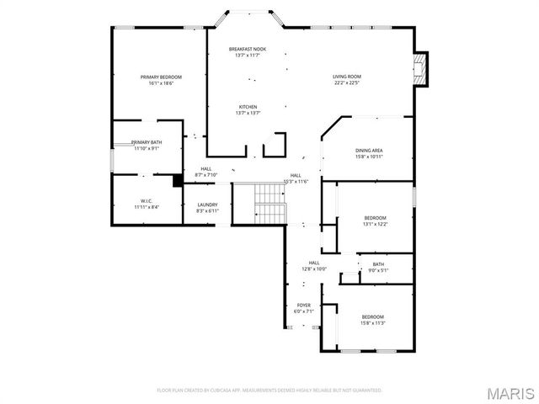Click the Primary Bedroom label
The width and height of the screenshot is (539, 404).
[x=161, y=77]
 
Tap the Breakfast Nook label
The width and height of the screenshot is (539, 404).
[x=248, y=50]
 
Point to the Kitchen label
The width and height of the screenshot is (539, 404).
[x=248, y=107]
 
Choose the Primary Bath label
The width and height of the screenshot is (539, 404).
[x=147, y=143]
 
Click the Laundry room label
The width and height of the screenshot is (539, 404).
[x=207, y=205]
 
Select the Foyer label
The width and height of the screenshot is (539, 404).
[x=304, y=305]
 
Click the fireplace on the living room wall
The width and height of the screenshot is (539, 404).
[x=421, y=69]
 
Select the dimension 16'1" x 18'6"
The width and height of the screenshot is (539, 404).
[x=161, y=82]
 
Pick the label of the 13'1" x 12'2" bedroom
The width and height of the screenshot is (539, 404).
[x=375, y=218]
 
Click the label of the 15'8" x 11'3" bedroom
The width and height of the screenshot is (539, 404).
[x=372, y=316]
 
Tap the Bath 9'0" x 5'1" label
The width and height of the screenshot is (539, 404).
[x=377, y=264]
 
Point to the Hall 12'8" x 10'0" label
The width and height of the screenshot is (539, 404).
[x=314, y=263]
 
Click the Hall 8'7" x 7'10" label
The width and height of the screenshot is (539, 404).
[x=206, y=168]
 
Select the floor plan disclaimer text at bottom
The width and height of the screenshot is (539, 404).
[x=269, y=391]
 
